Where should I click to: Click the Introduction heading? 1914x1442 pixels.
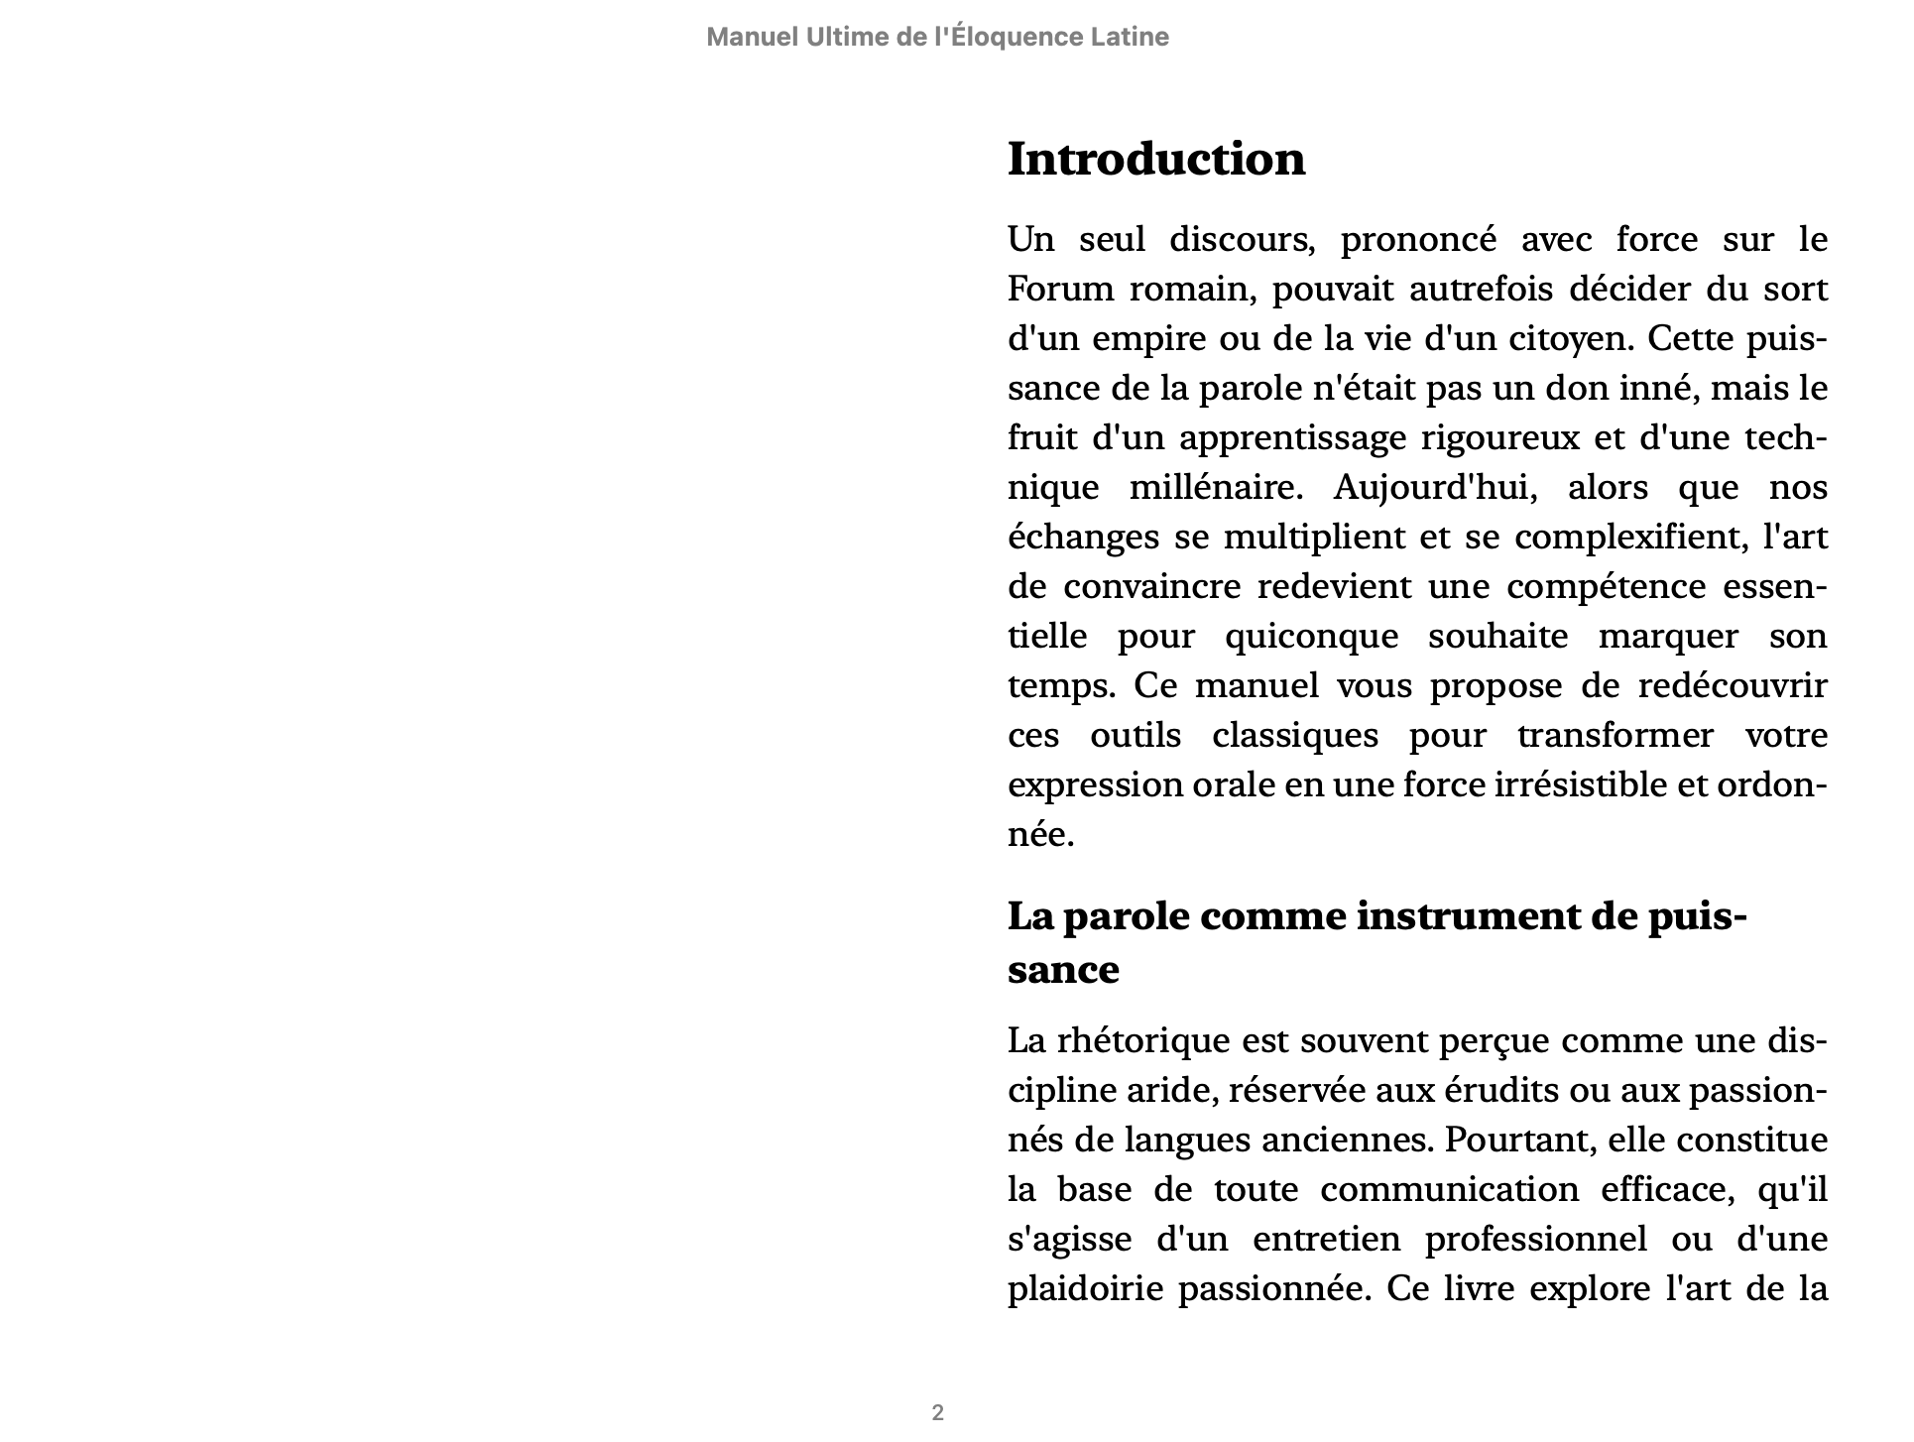pyautogui.click(x=1156, y=160)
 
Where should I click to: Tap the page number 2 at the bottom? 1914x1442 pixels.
pyautogui.click(x=937, y=1412)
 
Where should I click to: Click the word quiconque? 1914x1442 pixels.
pyautogui.click(x=1311, y=637)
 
